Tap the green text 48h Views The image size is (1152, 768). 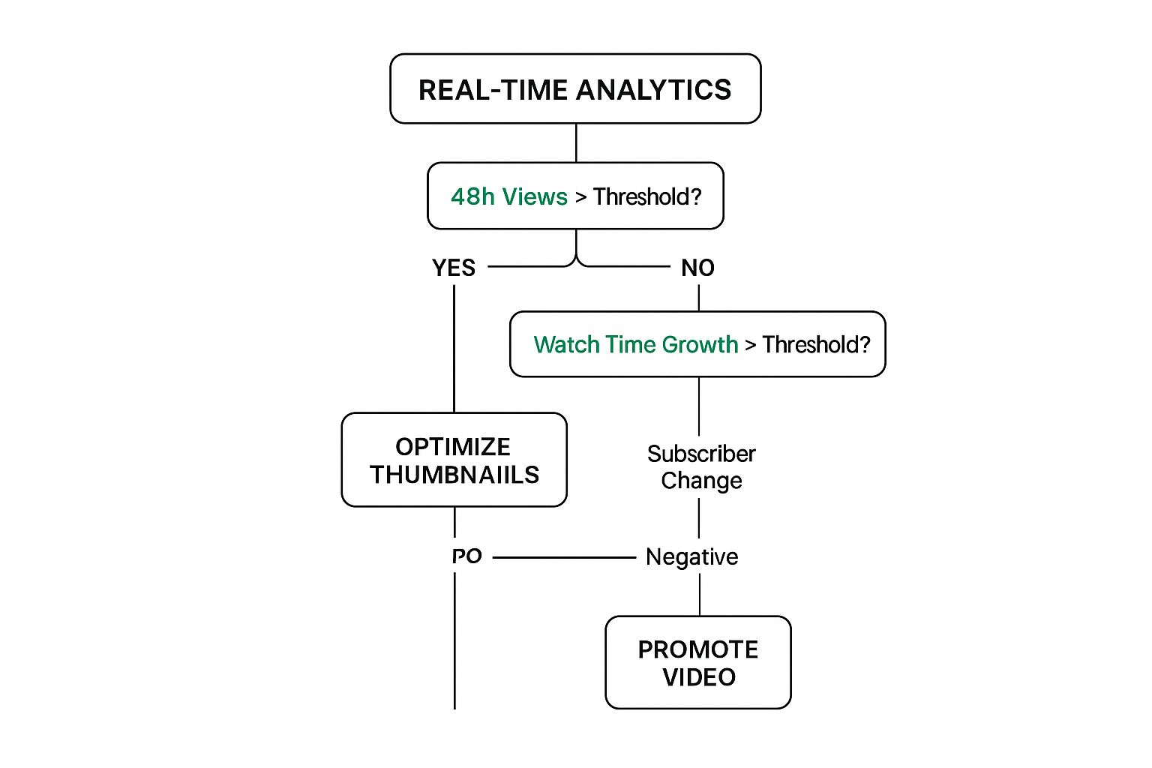pos(508,196)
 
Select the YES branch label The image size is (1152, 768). pos(454,268)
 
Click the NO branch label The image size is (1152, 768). pos(697,268)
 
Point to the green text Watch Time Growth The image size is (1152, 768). pos(635,344)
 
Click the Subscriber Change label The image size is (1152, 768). pos(701,466)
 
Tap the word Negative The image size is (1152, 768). pos(691,556)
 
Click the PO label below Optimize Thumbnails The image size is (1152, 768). pos(466,556)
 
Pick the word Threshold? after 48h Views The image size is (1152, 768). pos(647,196)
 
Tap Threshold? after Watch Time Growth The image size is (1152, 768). pos(816,344)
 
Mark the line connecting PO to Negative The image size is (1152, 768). pos(564,557)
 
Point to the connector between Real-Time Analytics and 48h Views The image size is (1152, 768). pos(576,142)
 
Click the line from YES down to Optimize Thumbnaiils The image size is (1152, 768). pos(454,349)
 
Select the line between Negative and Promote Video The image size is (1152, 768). pos(700,594)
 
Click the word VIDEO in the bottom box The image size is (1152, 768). pos(699,677)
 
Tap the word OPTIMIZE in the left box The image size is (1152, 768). pos(453,447)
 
